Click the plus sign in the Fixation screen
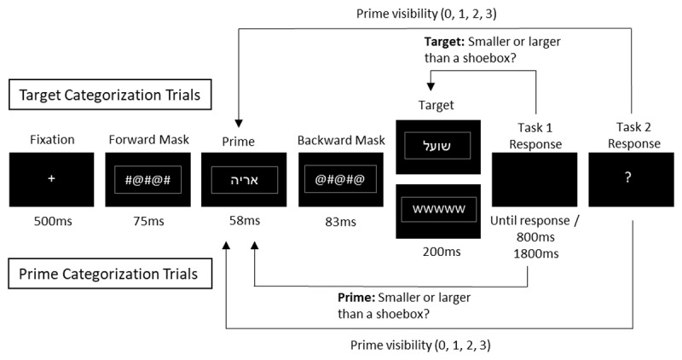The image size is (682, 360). (x=51, y=178)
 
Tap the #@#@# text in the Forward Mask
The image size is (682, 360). (x=147, y=179)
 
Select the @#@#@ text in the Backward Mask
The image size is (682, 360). (x=340, y=179)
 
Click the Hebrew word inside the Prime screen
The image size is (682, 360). (x=244, y=180)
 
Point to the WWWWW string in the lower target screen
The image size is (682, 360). (x=438, y=209)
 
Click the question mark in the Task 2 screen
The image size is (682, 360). (x=627, y=177)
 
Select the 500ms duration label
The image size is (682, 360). (x=53, y=221)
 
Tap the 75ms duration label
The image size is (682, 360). (x=148, y=221)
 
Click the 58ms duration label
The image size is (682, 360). (x=245, y=220)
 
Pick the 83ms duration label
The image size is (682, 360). (x=340, y=222)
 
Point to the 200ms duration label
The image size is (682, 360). (x=442, y=252)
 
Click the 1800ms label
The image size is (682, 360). (x=536, y=253)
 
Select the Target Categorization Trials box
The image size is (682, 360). (x=110, y=95)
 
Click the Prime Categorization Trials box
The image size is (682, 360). (x=110, y=273)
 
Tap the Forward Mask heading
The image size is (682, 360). (x=148, y=140)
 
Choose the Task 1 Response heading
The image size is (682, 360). (x=535, y=136)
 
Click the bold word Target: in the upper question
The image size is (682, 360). (x=444, y=42)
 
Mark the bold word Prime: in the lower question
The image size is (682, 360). (x=356, y=298)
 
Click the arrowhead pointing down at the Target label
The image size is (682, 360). (x=431, y=86)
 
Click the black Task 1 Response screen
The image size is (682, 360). (x=535, y=179)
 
